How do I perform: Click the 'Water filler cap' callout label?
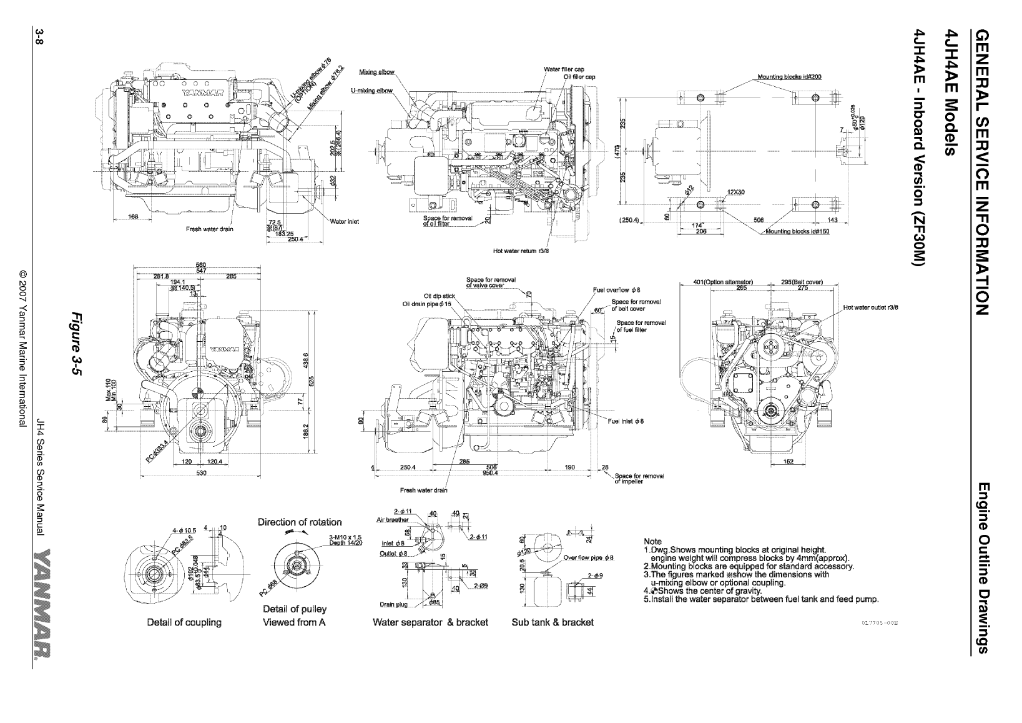(x=564, y=69)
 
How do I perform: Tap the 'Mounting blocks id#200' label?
(x=789, y=76)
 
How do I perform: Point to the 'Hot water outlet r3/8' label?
(x=870, y=307)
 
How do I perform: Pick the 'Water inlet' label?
(x=344, y=221)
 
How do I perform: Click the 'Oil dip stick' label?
(x=438, y=296)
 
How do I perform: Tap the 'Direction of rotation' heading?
(x=300, y=522)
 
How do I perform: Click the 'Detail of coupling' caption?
(x=184, y=622)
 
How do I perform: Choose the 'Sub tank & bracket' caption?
(x=552, y=622)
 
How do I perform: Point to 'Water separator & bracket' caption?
(x=430, y=622)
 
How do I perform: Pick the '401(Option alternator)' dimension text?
(x=724, y=282)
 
